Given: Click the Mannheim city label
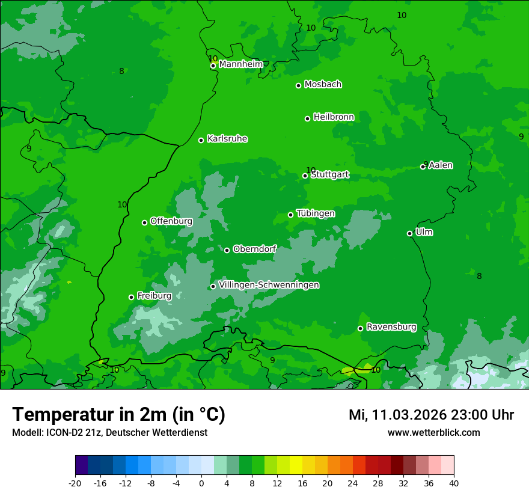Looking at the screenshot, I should [240, 64].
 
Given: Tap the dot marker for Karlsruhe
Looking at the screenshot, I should [201, 141].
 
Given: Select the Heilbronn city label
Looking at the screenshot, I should [334, 117].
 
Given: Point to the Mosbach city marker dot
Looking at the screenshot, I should [298, 85].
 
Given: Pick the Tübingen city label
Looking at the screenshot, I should [316, 213].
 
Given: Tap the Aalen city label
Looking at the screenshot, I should [441, 165].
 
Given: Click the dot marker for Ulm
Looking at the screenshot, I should [409, 233].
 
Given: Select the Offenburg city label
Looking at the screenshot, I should [171, 221].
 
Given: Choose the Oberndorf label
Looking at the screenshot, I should [254, 249].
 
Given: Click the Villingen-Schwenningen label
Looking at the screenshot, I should [269, 285].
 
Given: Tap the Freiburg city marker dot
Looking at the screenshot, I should [131, 297].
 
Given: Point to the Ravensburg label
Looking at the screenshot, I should [391, 327].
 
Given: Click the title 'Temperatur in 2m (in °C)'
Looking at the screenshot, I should [118, 415].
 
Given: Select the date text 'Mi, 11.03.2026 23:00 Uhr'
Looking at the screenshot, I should [431, 415].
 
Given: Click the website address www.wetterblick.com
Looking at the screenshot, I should [433, 433].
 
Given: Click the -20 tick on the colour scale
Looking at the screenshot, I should [75, 483].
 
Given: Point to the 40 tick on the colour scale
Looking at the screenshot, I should [454, 483].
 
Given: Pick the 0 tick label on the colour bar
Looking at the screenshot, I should [201, 483].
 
